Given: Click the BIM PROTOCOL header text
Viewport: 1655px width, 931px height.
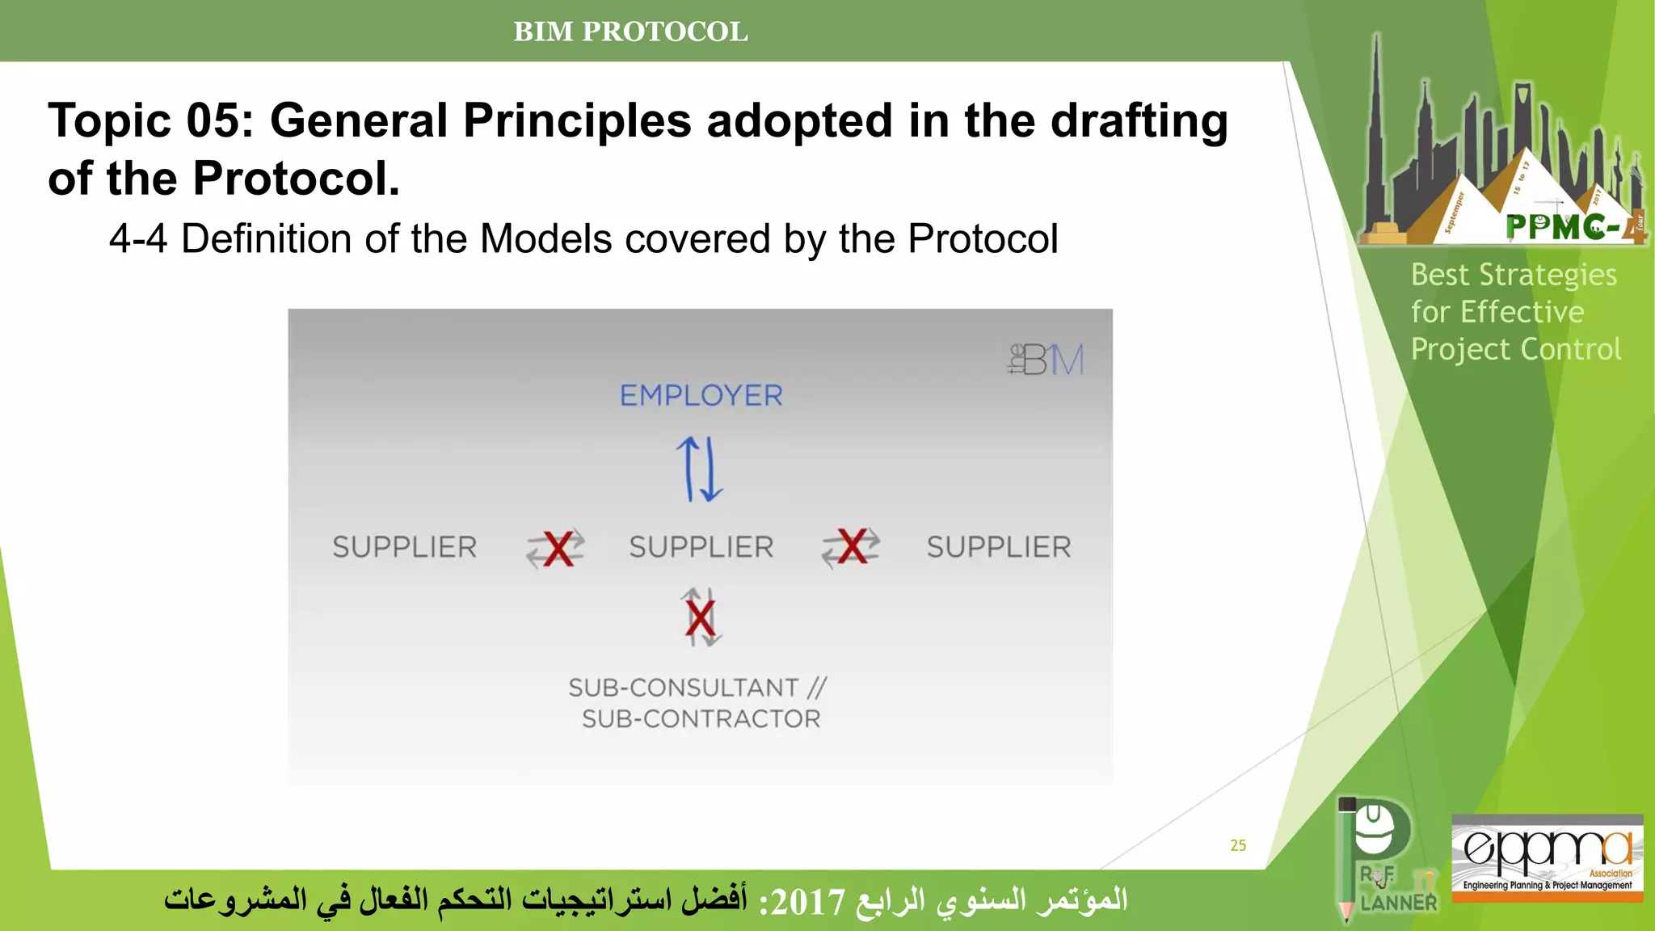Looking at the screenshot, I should (630, 32).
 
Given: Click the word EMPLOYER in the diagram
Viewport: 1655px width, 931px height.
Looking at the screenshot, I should (701, 395).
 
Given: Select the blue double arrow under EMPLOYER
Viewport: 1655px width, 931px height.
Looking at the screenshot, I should (699, 470).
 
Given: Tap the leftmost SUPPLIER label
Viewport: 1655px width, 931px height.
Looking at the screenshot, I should (405, 547).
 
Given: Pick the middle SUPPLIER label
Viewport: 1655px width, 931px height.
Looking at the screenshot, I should (701, 547).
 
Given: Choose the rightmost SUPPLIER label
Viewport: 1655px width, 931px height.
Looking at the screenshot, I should (999, 547).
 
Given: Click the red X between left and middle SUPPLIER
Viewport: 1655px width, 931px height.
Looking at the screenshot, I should (558, 549).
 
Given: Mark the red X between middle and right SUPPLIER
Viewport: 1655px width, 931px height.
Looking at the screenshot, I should (853, 547).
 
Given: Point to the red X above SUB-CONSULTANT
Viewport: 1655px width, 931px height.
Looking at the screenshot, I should (701, 618).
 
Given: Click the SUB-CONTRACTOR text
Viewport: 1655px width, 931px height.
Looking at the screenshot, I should (701, 718).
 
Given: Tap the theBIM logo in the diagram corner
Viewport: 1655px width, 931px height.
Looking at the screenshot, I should (1046, 359).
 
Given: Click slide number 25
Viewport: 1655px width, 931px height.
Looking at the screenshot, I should (1238, 845).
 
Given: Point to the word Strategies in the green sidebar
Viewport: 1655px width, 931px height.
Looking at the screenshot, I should (1548, 276).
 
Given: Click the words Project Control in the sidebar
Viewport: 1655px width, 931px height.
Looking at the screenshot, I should (1515, 349).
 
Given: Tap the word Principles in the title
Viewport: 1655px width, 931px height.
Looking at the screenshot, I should (577, 121).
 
